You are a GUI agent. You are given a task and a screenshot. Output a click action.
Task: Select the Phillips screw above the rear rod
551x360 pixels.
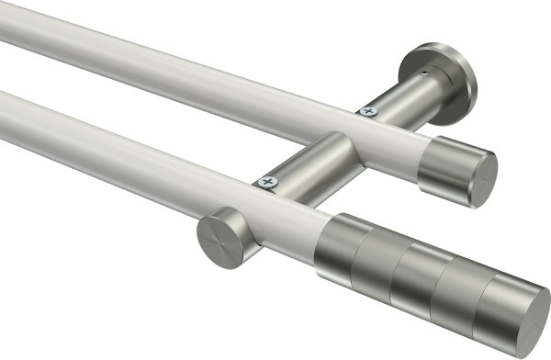click(x=370, y=112)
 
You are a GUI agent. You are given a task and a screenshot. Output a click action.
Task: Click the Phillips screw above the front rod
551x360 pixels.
click(x=268, y=184)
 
